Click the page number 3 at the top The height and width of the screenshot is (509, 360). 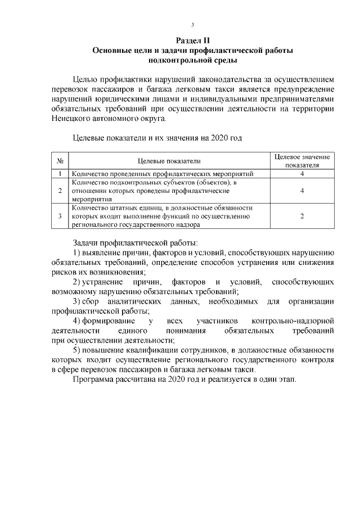coord(192,25)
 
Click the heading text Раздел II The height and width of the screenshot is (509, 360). coord(192,40)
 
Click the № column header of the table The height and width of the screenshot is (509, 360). coord(60,161)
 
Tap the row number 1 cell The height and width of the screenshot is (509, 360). coord(60,174)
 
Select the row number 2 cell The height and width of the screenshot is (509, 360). coord(60,191)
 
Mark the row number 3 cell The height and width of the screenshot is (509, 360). coord(60,216)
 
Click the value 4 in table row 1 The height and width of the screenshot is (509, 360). coord(302,174)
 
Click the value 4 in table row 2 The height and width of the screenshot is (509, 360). coord(302,191)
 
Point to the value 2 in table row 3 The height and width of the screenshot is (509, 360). coord(302,216)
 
